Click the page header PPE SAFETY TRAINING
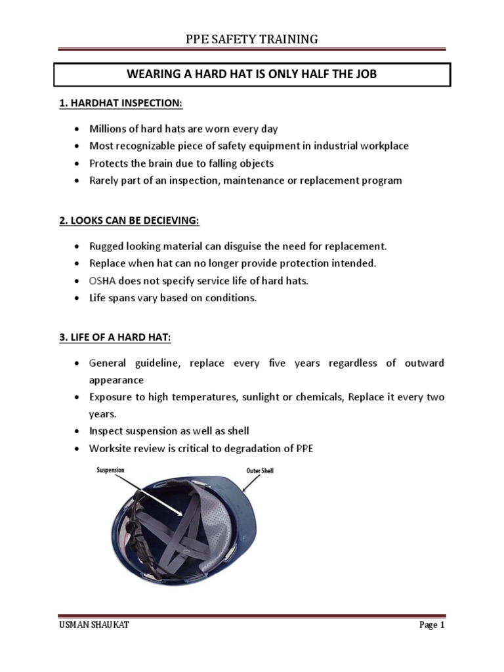pos(252,39)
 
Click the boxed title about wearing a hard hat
pos(252,74)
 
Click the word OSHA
pos(103,280)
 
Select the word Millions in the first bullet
pos(108,129)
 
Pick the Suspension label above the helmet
pos(110,471)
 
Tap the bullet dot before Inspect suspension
pos(77,432)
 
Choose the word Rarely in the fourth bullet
pos(104,180)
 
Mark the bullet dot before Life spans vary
pos(77,298)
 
